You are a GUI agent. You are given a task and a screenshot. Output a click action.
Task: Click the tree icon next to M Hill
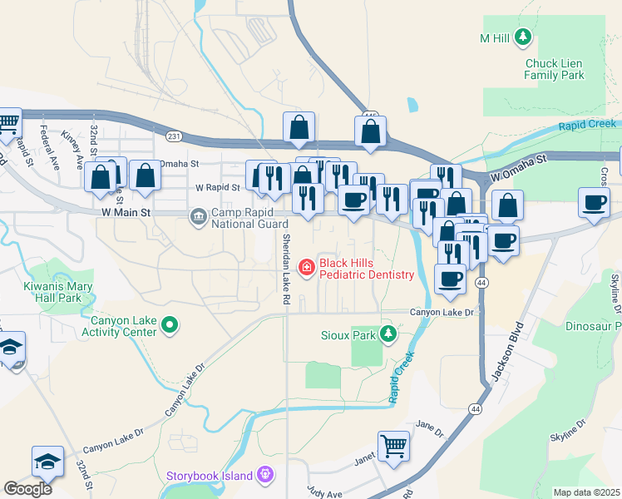point(522,37)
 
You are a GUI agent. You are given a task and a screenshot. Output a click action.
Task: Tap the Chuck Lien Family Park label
point(554,69)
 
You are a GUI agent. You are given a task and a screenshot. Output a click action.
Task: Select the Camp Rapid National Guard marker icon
point(199,218)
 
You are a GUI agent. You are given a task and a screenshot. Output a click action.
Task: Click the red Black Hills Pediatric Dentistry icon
point(307,267)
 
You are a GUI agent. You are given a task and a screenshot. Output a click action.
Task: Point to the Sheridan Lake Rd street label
point(285,262)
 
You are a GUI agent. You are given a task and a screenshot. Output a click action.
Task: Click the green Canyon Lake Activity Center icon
point(170,324)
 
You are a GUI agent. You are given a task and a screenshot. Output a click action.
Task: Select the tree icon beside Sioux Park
point(387,334)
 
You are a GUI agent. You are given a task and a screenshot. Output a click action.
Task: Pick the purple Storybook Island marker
point(266,475)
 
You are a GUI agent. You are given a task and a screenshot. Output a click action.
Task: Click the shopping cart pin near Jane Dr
point(393,445)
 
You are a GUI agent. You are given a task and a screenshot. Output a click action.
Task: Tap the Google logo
point(27,488)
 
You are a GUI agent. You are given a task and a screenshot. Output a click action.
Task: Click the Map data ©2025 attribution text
point(585,492)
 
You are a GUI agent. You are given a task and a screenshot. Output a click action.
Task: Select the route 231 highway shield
point(173,136)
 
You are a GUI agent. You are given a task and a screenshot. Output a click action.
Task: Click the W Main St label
point(124,213)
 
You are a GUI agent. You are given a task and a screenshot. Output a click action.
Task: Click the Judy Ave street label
point(323,491)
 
